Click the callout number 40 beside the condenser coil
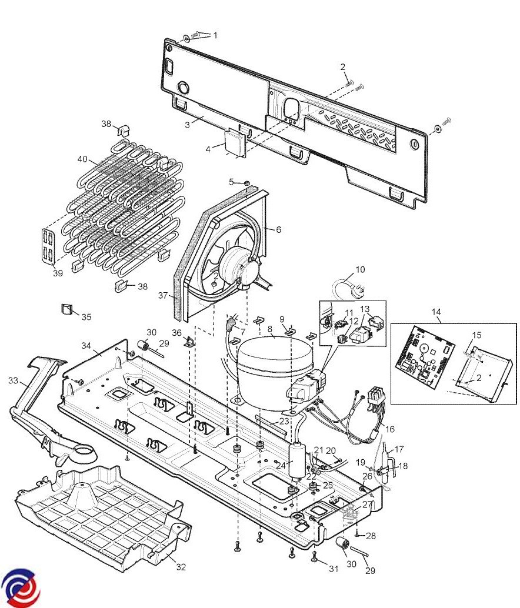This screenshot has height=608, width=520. click(84, 159)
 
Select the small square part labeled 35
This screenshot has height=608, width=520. click(66, 309)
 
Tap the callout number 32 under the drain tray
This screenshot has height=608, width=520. click(181, 567)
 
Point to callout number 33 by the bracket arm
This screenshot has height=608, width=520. click(14, 380)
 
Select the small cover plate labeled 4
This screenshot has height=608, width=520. click(235, 142)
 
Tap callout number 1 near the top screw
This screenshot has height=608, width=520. click(215, 35)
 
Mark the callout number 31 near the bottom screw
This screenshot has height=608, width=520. click(334, 569)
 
